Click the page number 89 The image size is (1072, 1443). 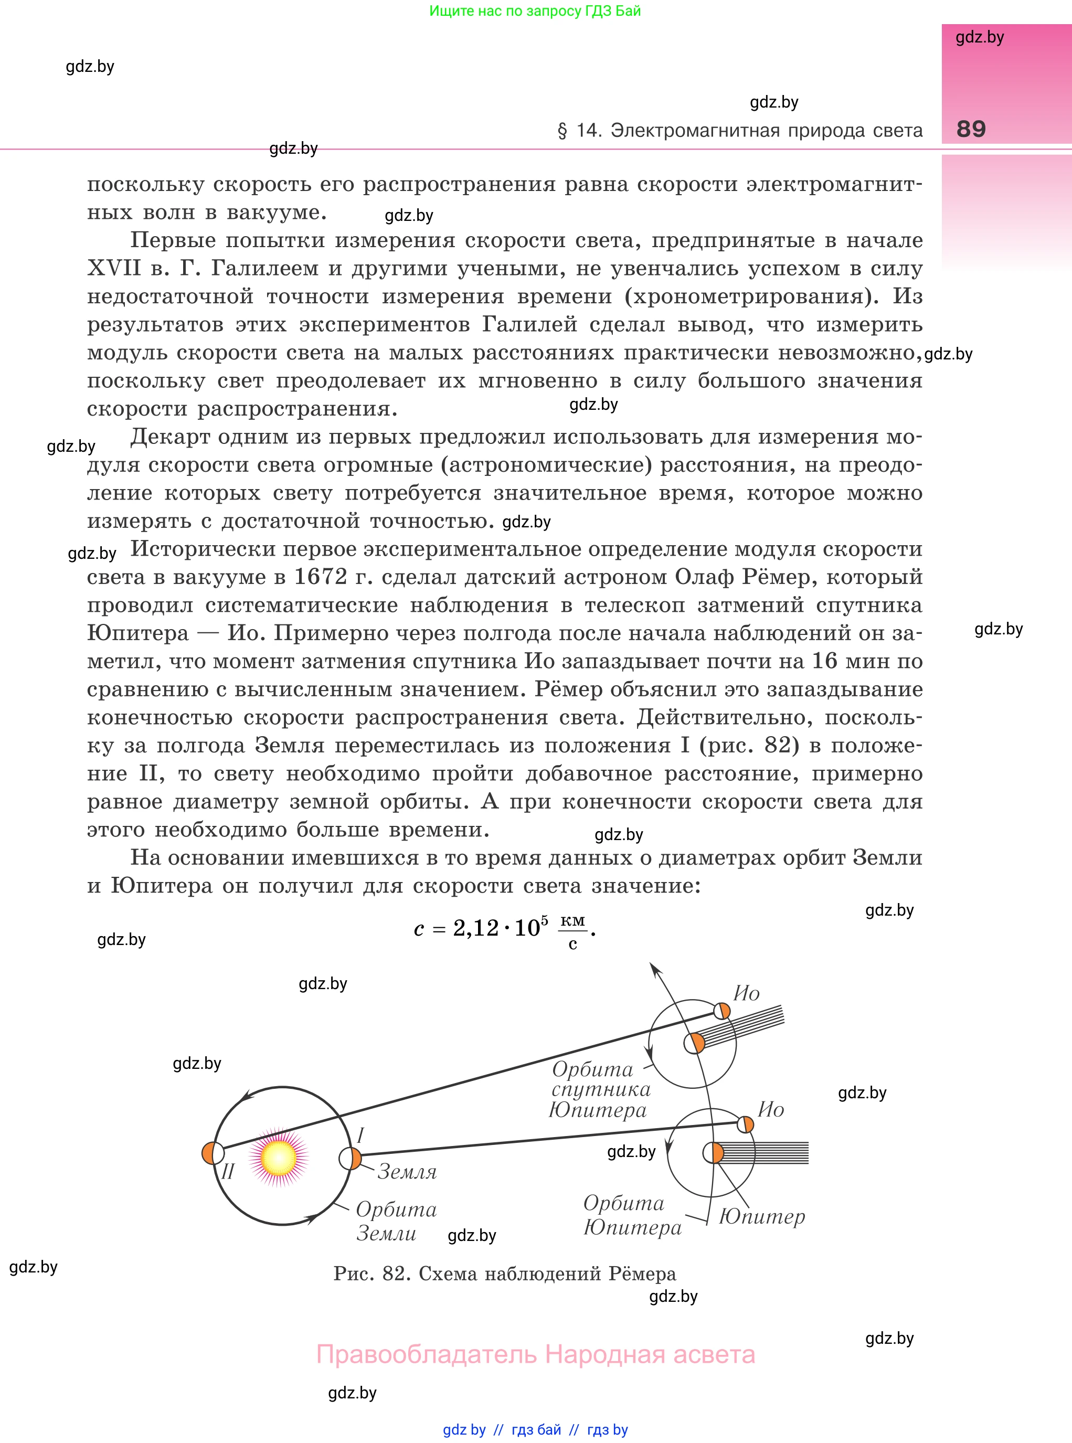point(971,129)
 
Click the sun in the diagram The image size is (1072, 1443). point(279,1157)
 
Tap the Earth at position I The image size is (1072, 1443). point(351,1158)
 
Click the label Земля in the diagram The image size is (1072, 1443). point(407,1172)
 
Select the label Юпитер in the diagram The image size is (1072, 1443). point(762,1216)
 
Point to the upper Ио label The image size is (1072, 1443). point(746,993)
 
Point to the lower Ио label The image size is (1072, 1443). point(771,1109)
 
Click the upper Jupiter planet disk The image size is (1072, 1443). point(694,1043)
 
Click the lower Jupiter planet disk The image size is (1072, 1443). point(713,1153)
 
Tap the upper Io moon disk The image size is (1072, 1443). point(721,1011)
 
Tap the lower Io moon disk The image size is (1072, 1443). point(746,1124)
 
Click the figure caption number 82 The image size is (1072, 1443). point(396,1274)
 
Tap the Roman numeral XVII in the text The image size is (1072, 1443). point(113,268)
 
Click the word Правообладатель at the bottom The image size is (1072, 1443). point(427,1354)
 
